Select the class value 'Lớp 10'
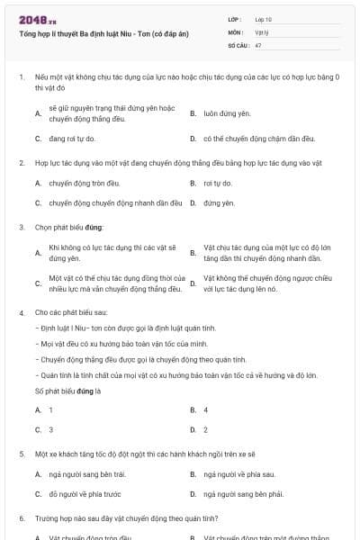tap(264, 19)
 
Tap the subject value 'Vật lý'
tap(262, 31)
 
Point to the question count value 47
tap(258, 44)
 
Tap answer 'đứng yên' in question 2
tap(219, 202)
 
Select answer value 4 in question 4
tap(206, 409)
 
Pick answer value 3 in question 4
tap(51, 429)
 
